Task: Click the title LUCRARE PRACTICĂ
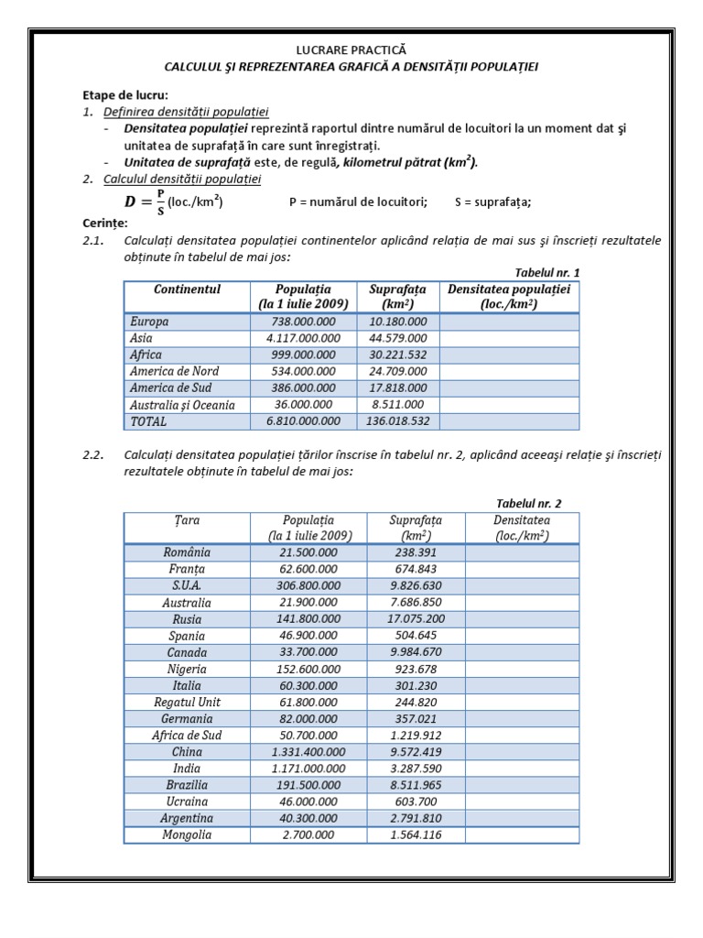click(x=351, y=50)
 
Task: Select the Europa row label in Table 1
click(x=149, y=322)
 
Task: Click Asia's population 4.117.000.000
click(x=302, y=339)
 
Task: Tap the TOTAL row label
click(x=148, y=421)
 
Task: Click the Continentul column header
click(x=188, y=289)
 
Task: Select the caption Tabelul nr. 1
click(x=547, y=273)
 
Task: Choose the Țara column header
click(x=187, y=520)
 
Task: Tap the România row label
click(x=187, y=552)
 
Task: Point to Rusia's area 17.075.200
click(x=416, y=618)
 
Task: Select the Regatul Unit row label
click(x=187, y=702)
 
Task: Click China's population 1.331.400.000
click(x=308, y=752)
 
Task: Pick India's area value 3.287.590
click(x=416, y=769)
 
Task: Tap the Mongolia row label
click(x=187, y=834)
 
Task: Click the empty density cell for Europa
click(x=509, y=322)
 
